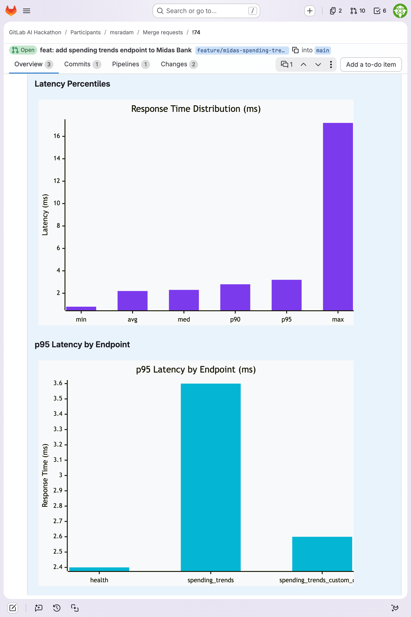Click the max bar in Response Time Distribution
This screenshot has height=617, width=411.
pos(338,216)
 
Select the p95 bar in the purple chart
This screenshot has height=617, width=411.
pos(286,295)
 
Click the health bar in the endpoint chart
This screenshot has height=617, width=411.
pos(99,569)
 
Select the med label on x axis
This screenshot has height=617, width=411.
pos(184,319)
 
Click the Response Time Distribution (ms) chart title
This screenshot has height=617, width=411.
pos(196,109)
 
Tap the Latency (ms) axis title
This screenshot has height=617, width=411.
pos(45,215)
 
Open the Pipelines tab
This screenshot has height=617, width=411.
pos(126,64)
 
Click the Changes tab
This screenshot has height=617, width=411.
pos(174,64)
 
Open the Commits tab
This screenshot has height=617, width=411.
pos(77,64)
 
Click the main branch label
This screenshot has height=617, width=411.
pos(322,50)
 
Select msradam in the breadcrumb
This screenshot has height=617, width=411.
pos(122,32)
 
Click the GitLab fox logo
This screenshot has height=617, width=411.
pos(11,11)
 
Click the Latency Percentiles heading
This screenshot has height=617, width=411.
pos(72,84)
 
